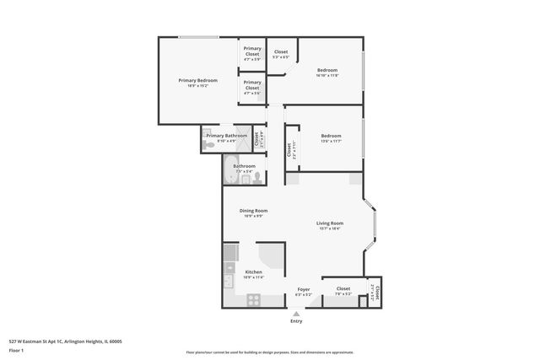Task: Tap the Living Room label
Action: point(330,223)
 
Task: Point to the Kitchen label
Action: point(253,271)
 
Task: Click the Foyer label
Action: point(304,289)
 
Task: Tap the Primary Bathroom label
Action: point(227,136)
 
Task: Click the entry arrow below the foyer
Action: point(296,313)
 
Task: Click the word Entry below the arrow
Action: point(296,321)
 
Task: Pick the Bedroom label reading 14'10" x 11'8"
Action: point(327,70)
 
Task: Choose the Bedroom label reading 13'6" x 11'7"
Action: point(331,136)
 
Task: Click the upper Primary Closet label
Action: point(252,51)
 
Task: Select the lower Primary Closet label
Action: point(252,85)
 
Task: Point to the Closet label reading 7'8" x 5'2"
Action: point(343,289)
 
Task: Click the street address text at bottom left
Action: point(65,341)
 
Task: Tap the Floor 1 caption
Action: point(16,350)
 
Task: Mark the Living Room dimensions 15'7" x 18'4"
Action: point(330,228)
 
